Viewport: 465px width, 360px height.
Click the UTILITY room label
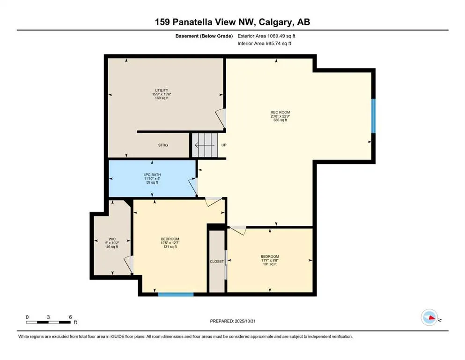[x=162, y=90]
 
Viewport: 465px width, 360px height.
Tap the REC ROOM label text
[x=280, y=112]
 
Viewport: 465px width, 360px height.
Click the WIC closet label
[x=112, y=239]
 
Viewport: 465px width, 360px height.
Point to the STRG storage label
[x=162, y=145]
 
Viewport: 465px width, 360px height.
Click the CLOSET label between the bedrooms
[x=217, y=262]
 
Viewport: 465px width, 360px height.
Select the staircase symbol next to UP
[x=206, y=145]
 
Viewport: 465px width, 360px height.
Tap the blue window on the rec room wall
[x=373, y=116]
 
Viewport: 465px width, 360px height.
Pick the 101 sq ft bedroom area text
[x=269, y=264]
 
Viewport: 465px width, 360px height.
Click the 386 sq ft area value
[x=280, y=120]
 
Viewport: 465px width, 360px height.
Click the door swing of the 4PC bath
[x=193, y=187]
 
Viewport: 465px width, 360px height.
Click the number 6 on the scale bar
[x=70, y=317]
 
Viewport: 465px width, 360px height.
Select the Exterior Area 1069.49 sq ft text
[x=267, y=35]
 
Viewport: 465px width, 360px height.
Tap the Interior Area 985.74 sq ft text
[x=265, y=43]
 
